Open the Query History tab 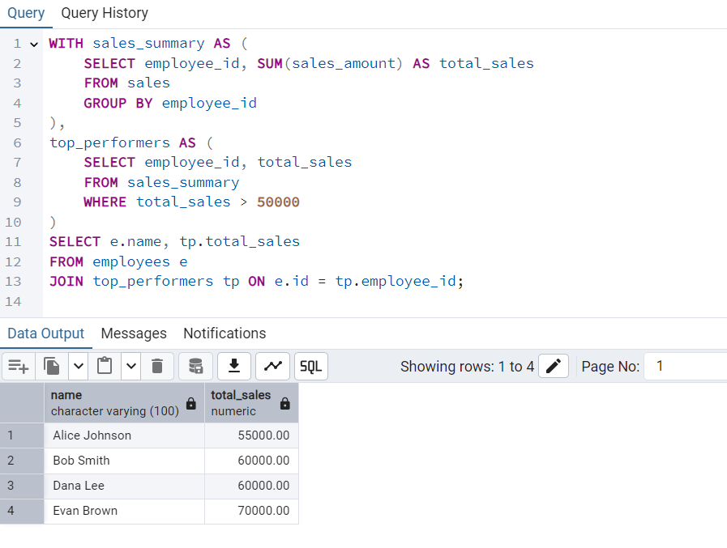(x=105, y=13)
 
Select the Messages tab (x=134, y=333)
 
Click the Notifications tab (x=225, y=333)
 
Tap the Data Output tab (x=45, y=333)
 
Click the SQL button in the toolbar (x=311, y=366)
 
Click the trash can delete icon (x=157, y=366)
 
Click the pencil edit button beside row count (x=554, y=366)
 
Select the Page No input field (x=689, y=366)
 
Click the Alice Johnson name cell (x=92, y=435)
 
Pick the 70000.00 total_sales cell (x=262, y=511)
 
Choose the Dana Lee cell (x=79, y=486)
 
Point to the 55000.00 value (x=262, y=435)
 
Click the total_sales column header (x=241, y=402)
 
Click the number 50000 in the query (x=278, y=202)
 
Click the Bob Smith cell (x=81, y=461)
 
